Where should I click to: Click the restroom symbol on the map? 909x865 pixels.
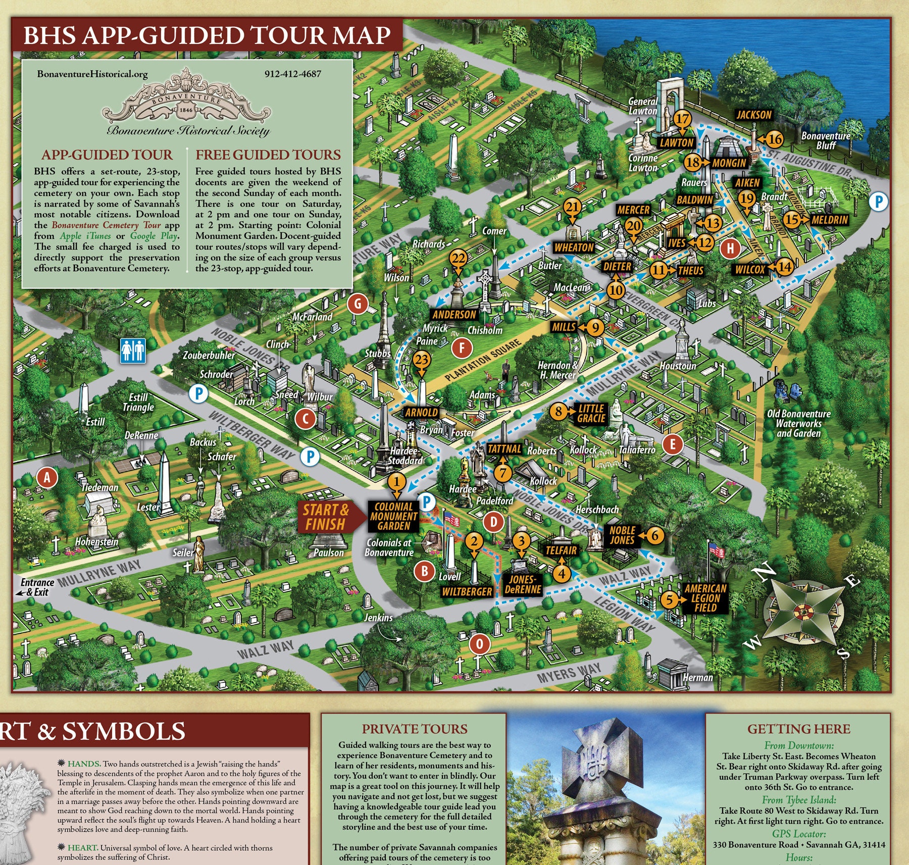coord(133,350)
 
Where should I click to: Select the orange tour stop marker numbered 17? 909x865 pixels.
coord(682,120)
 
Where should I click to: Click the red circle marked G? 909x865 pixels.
coord(358,304)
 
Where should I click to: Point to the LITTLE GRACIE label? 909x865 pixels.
coord(591,413)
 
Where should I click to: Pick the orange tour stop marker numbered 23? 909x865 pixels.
coord(422,361)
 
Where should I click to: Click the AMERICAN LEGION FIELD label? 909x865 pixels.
coord(705,598)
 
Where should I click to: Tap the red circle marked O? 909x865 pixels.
coord(480,644)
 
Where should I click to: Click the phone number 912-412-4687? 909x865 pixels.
coord(292,74)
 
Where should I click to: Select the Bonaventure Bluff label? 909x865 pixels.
coord(826,140)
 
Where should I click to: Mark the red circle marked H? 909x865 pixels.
coord(730,248)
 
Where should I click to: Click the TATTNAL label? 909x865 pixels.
coord(504,449)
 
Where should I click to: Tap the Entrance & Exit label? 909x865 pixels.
coord(36,587)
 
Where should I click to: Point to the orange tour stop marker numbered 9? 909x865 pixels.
coord(596,328)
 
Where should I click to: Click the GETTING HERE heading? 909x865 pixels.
coord(798,729)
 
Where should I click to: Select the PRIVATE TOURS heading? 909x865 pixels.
coord(414,729)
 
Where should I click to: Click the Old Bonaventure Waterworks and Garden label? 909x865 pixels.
coord(798,424)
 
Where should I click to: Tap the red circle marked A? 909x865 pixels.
coord(47,477)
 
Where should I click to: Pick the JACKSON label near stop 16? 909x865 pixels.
coord(753,115)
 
